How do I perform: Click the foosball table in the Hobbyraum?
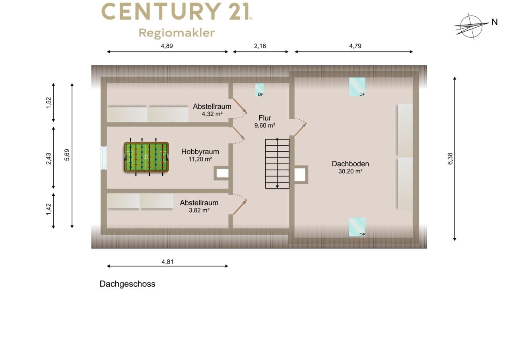[x=146, y=157]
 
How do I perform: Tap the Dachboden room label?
[x=350, y=163]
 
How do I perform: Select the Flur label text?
[x=265, y=118]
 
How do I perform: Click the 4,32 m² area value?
[x=212, y=114]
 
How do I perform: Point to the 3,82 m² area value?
[x=199, y=210]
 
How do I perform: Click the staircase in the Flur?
[x=277, y=163]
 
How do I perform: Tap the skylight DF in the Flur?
[x=260, y=90]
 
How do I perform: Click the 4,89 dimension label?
[x=167, y=46]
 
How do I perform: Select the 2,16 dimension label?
[x=260, y=46]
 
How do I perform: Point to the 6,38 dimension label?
[x=450, y=159]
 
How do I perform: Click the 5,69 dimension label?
[x=67, y=155]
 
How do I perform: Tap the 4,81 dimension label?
[x=167, y=262]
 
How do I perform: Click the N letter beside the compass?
[x=494, y=22]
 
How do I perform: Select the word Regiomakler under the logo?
[x=177, y=33]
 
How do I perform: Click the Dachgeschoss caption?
[x=127, y=284]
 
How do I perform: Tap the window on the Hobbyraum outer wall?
[x=104, y=158]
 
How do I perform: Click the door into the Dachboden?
[x=301, y=130]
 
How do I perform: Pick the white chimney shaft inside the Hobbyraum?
[x=222, y=173]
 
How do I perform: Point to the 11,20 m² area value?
[x=200, y=159]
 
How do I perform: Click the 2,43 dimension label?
[x=49, y=158]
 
